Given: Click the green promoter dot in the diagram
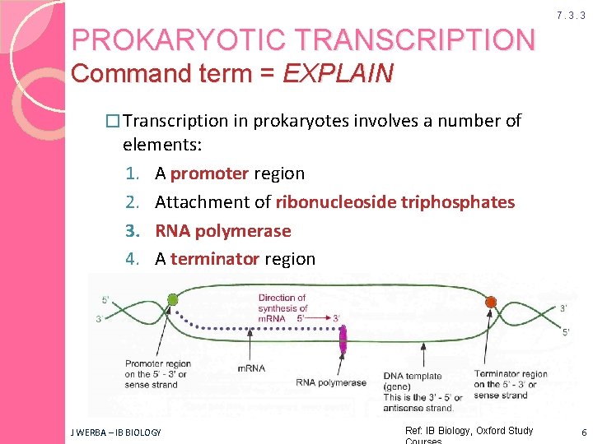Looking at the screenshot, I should pyautogui.click(x=172, y=299).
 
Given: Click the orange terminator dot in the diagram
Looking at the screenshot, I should pyautogui.click(x=491, y=302).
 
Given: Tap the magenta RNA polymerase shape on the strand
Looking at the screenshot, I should pyautogui.click(x=343, y=339).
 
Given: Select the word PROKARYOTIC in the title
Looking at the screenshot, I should pyautogui.click(x=164, y=39).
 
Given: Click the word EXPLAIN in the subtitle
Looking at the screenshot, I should pyautogui.click(x=338, y=73).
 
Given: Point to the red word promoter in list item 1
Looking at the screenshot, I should pyautogui.click(x=209, y=173).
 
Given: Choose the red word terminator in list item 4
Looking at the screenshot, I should pyautogui.click(x=215, y=259).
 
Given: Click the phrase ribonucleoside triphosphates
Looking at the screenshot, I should pyautogui.click(x=395, y=202).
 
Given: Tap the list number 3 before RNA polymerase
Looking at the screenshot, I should pyautogui.click(x=132, y=231).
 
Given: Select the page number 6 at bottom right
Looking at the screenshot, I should pyautogui.click(x=581, y=432).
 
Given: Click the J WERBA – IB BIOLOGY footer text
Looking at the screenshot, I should pyautogui.click(x=115, y=432).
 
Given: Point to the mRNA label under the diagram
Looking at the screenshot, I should pyautogui.click(x=250, y=368).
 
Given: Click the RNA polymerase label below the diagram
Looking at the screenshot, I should pyautogui.click(x=331, y=382).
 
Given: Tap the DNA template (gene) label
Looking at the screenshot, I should pyautogui.click(x=413, y=381).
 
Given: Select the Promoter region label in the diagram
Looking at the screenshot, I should pyautogui.click(x=157, y=363).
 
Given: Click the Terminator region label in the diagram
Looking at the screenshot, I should pyautogui.click(x=510, y=374).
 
